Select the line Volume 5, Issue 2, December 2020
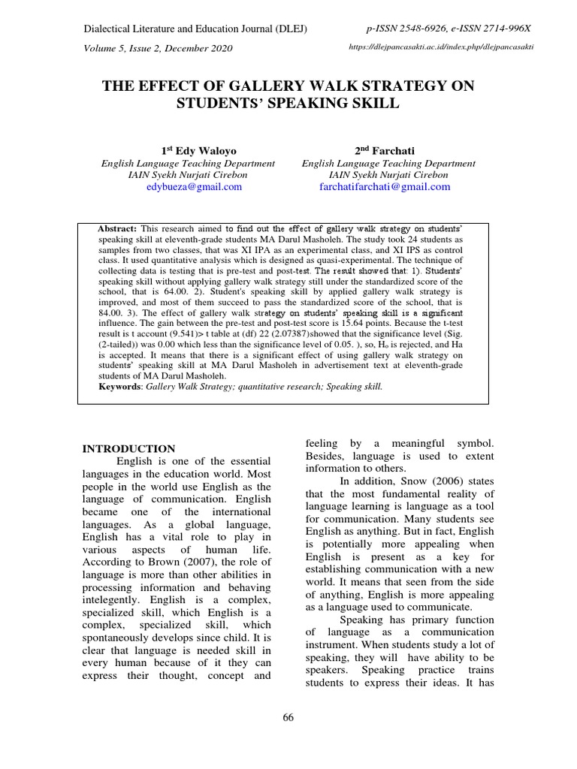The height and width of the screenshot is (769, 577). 157,49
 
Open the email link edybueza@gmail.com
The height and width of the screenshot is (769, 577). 194,187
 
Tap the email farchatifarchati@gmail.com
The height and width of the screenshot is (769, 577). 388,187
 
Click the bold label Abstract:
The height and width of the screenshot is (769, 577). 117,228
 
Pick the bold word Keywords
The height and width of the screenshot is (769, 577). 120,386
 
